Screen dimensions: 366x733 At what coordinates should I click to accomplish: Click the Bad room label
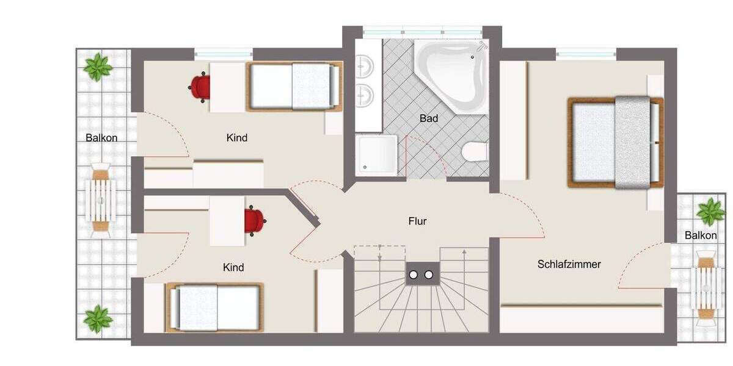click(x=429, y=118)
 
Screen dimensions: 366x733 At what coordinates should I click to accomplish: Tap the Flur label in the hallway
click(x=417, y=221)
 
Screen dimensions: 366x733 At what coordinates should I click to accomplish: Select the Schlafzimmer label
click(x=569, y=264)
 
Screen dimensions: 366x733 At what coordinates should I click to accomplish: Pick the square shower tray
click(x=376, y=155)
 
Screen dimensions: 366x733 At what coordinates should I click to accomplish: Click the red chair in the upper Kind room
click(x=200, y=86)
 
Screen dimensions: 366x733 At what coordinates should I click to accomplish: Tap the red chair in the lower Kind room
click(x=255, y=220)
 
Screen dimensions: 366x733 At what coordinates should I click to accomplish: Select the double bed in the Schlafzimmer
click(x=616, y=142)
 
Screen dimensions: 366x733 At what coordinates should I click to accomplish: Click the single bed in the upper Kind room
click(x=294, y=87)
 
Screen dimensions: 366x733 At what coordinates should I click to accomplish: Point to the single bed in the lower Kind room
click(x=214, y=307)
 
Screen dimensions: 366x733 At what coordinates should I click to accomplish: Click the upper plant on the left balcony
click(x=98, y=66)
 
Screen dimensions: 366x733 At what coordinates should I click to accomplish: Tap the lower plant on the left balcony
click(x=98, y=319)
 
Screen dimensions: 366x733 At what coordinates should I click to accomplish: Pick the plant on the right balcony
click(x=711, y=212)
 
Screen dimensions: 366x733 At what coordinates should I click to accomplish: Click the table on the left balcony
click(x=100, y=200)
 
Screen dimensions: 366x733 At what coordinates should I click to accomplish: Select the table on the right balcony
click(x=706, y=284)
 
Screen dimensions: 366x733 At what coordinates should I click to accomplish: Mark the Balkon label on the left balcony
click(x=101, y=138)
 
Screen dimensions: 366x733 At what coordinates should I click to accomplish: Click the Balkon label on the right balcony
click(x=700, y=235)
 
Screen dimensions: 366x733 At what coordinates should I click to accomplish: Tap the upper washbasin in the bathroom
click(x=365, y=63)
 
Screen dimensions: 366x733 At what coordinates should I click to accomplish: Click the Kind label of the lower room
click(x=233, y=267)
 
